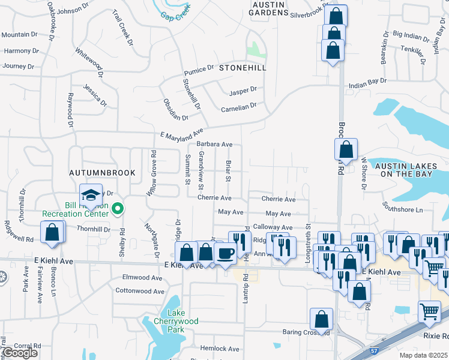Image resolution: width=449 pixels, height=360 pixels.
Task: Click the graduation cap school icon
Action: click(x=91, y=195)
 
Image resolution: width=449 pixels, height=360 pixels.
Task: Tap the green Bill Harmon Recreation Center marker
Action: click(x=118, y=209)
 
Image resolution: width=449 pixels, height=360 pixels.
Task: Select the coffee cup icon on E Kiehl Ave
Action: click(x=225, y=254)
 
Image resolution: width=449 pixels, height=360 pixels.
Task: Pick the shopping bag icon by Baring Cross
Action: click(x=321, y=319)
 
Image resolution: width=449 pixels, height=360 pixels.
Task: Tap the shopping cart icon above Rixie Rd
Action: click(x=429, y=312)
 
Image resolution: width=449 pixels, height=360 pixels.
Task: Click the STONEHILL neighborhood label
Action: click(x=242, y=68)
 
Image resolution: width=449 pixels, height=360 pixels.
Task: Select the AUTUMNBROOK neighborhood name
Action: click(x=102, y=173)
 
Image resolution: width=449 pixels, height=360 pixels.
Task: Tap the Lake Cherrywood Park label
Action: click(x=176, y=321)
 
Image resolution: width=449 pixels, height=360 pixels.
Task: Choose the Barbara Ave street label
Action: click(x=214, y=145)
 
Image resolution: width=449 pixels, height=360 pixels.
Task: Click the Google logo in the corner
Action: click(x=20, y=353)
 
